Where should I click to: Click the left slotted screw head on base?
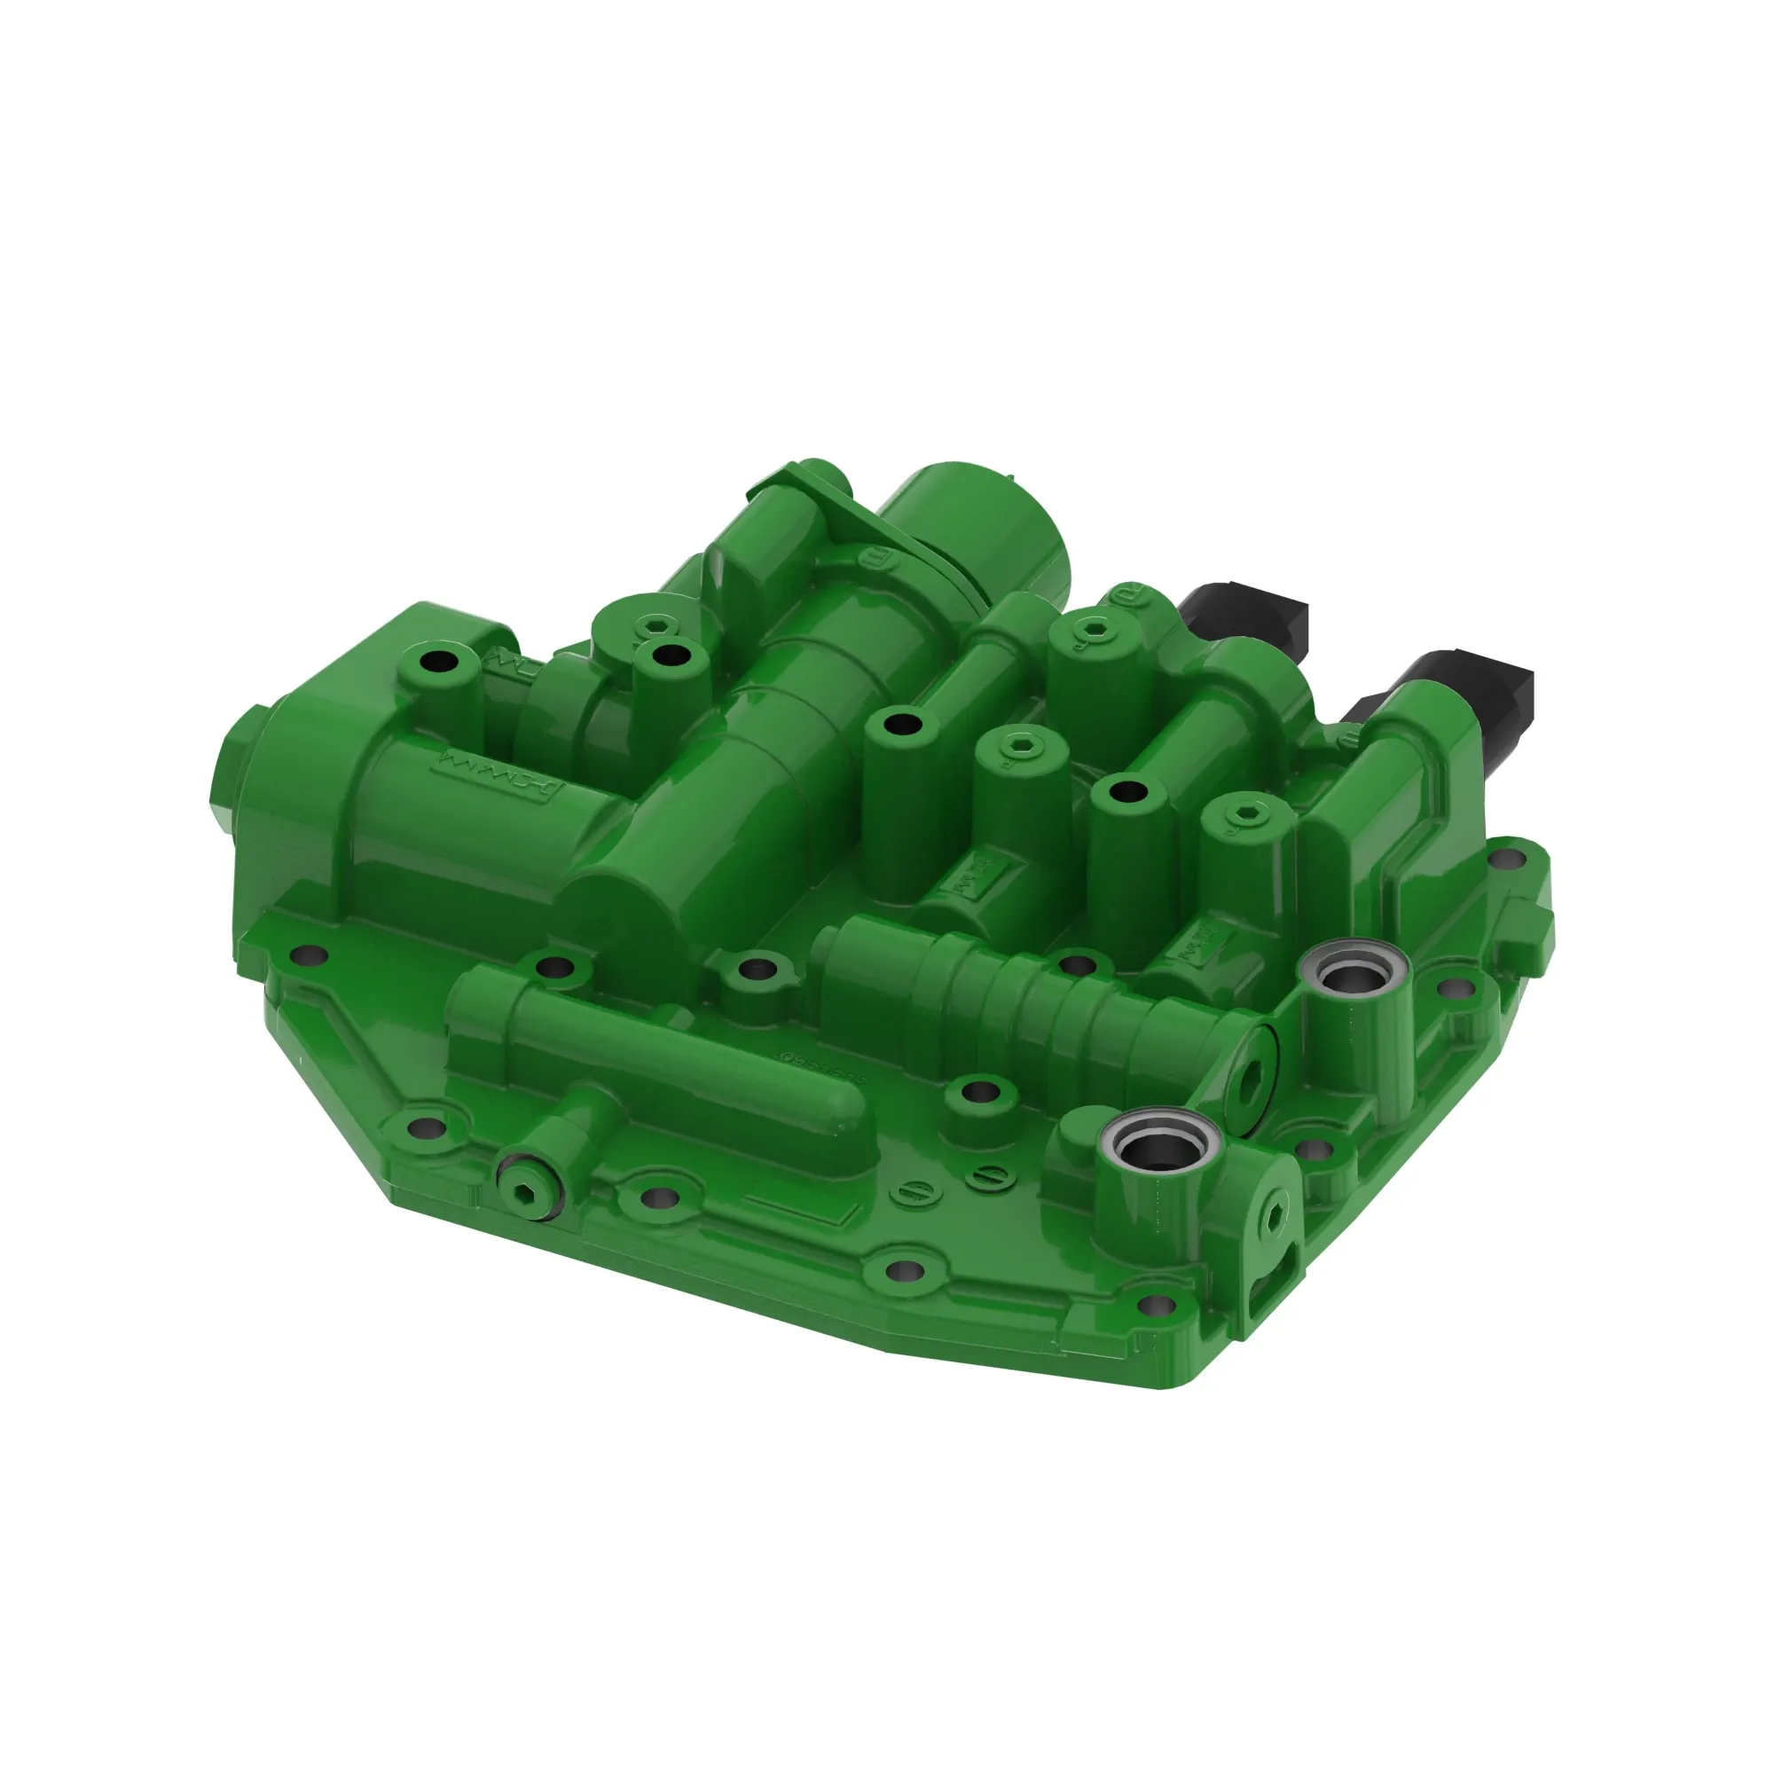click(x=909, y=1190)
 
